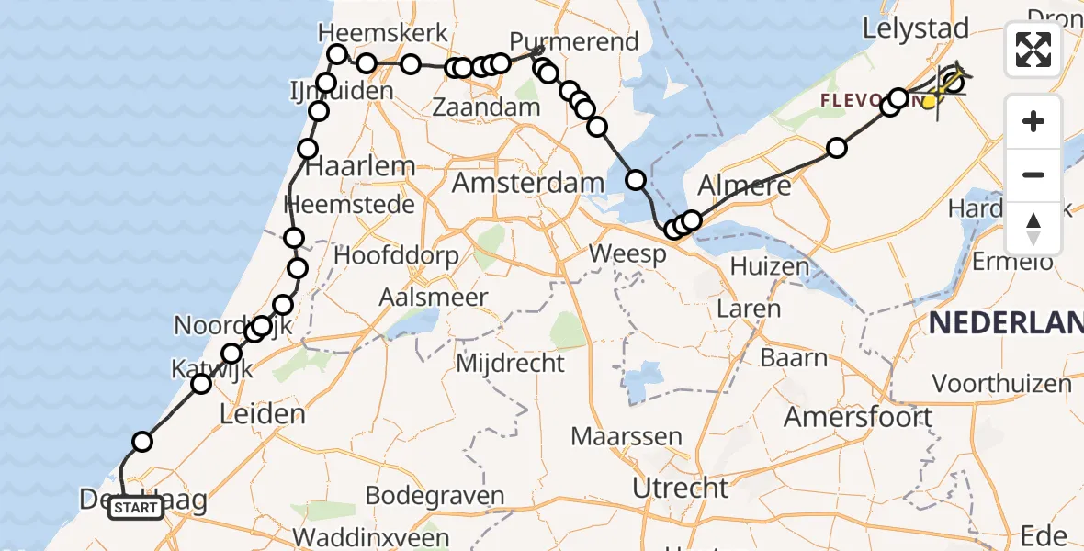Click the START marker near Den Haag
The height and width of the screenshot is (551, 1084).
[x=136, y=507]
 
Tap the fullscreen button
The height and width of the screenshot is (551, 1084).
[x=1033, y=50]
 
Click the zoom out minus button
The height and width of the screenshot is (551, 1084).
[x=1033, y=174]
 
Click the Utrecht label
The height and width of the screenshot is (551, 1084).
[x=681, y=487]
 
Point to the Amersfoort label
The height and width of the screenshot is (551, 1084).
[x=858, y=417]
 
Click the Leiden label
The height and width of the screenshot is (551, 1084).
[x=263, y=413]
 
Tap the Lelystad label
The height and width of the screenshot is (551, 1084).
[x=903, y=28]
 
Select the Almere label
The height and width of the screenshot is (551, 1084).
[x=744, y=186]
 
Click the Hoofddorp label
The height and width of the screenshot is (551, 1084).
[x=396, y=255]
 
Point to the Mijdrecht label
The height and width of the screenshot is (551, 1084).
[x=511, y=363]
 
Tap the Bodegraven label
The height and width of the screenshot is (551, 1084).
[x=435, y=496]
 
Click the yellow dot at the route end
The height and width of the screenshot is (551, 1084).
[x=930, y=101]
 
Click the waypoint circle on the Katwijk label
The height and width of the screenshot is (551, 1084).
[x=201, y=383]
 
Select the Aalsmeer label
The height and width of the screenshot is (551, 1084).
[x=436, y=297]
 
